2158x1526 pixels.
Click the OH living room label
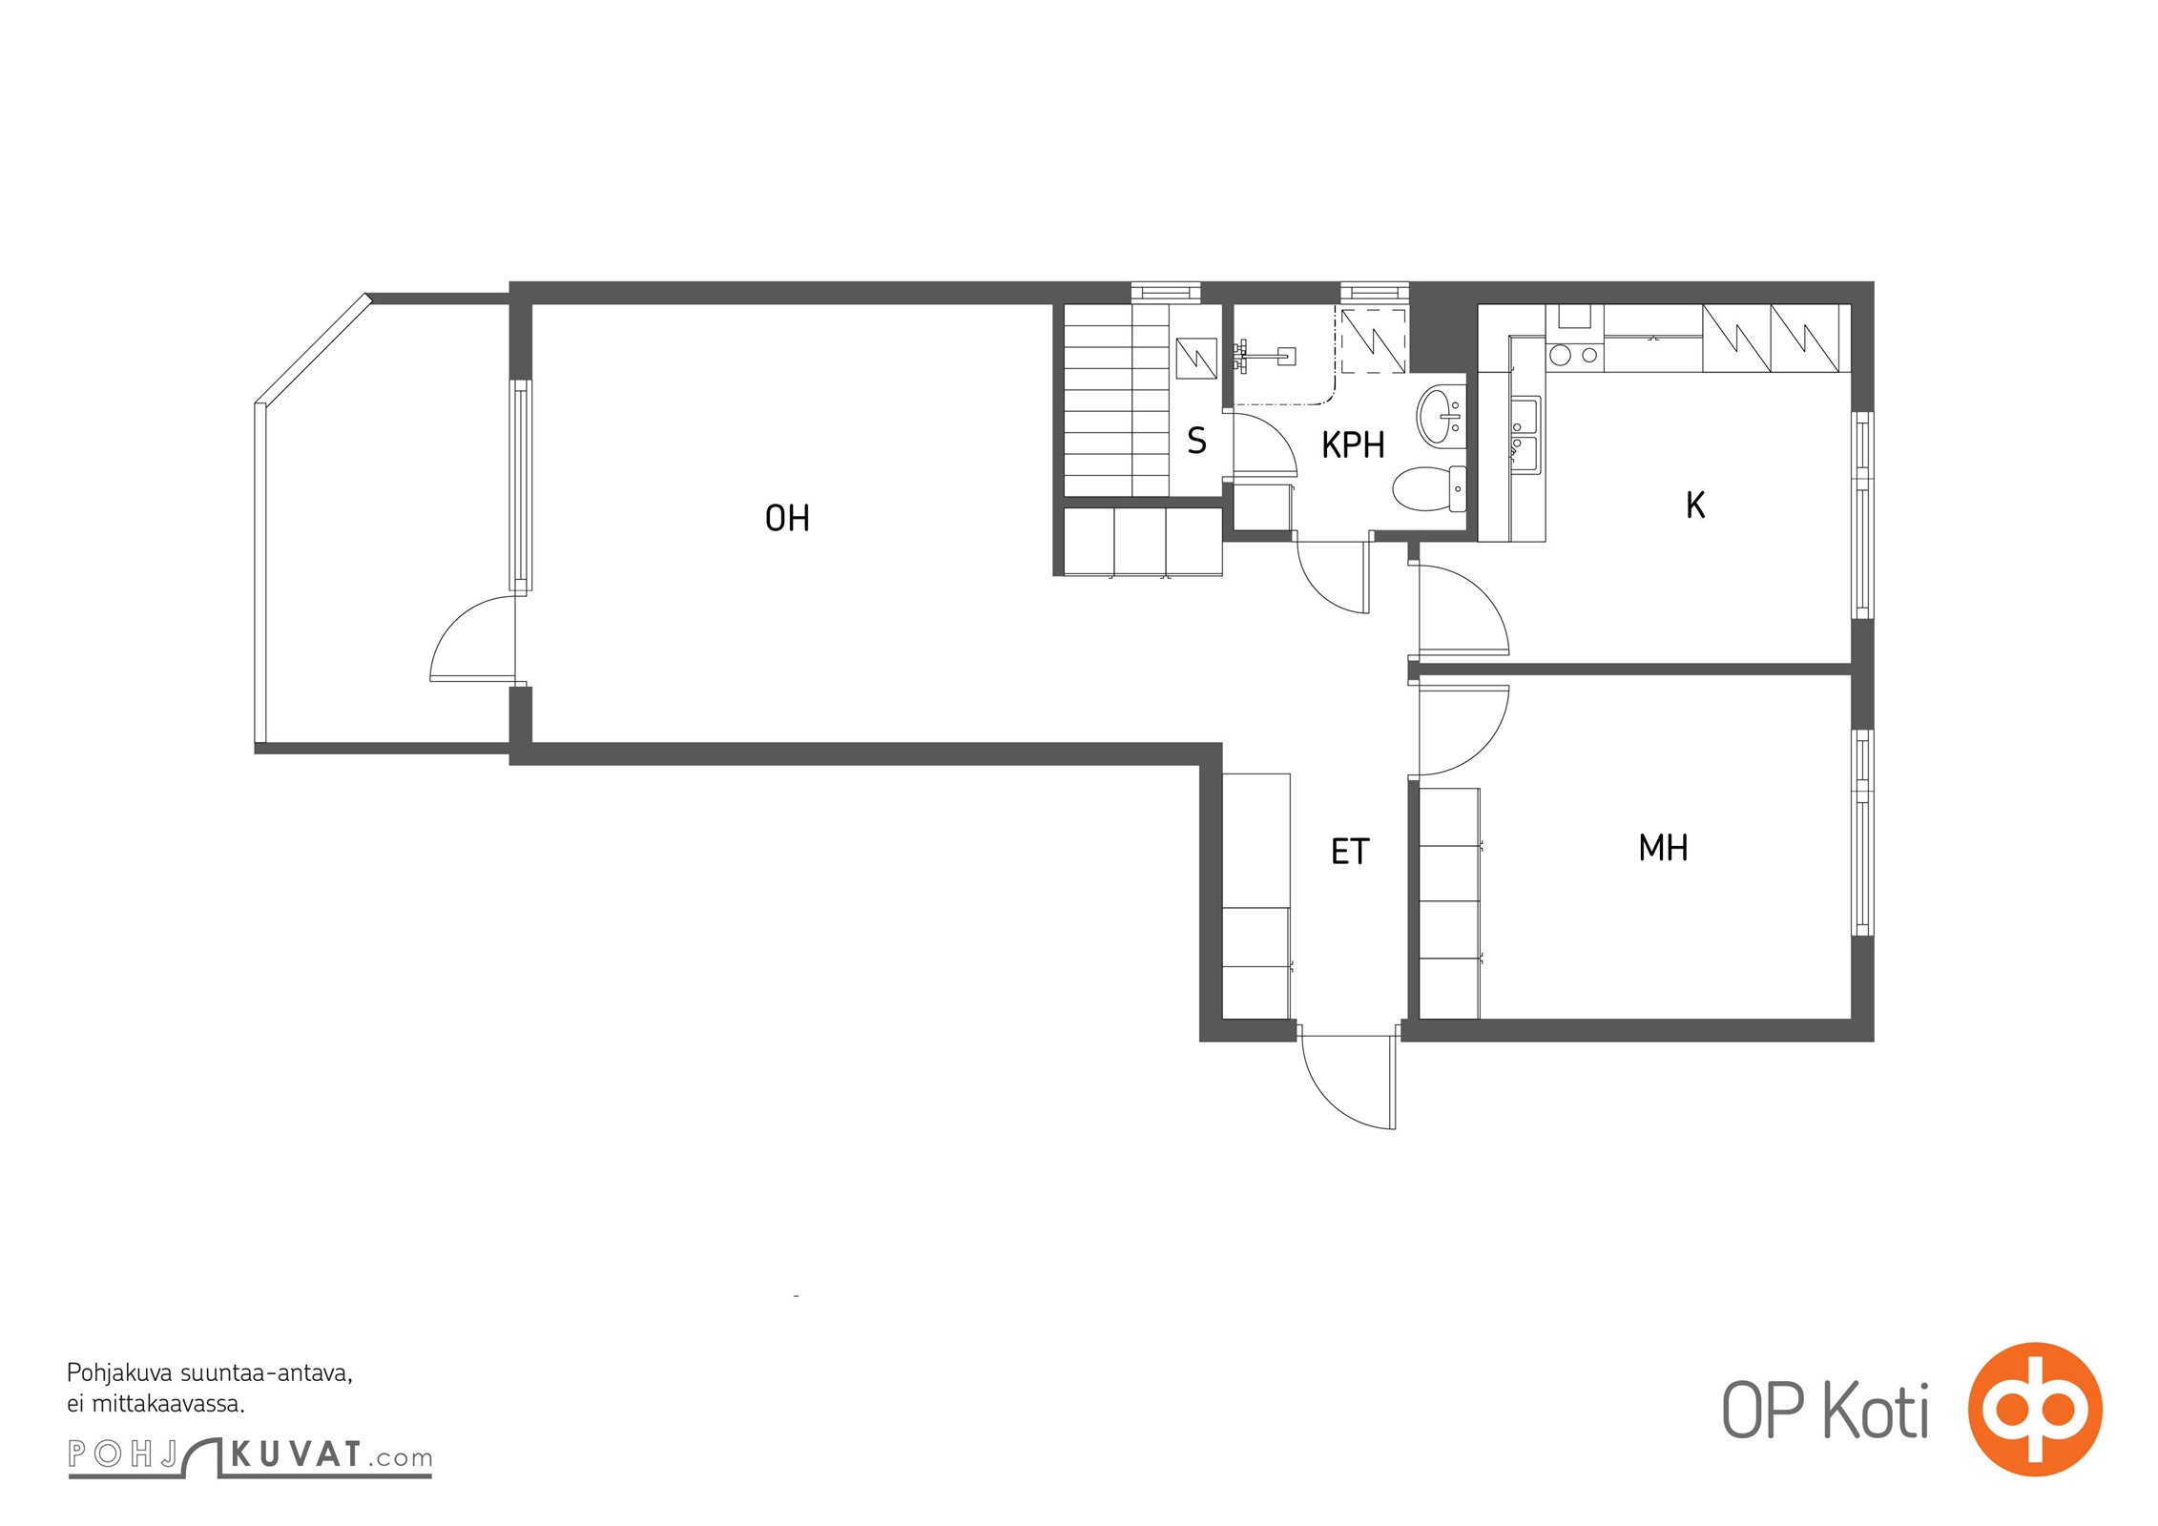pos(787,518)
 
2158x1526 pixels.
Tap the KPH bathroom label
pos(1353,445)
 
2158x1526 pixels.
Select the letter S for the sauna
pos(1196,441)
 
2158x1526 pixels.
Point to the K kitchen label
pos(1695,505)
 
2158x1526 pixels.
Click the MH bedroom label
pos(1663,848)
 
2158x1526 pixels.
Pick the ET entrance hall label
pos(1350,852)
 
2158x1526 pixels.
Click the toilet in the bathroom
pos(1429,488)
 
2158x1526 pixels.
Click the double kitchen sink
pos(1524,435)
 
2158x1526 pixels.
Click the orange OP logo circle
pos(2035,1409)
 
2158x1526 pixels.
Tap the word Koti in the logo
pos(1877,1410)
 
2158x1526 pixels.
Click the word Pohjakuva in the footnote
pos(119,1374)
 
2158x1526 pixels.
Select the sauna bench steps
pos(1116,400)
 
